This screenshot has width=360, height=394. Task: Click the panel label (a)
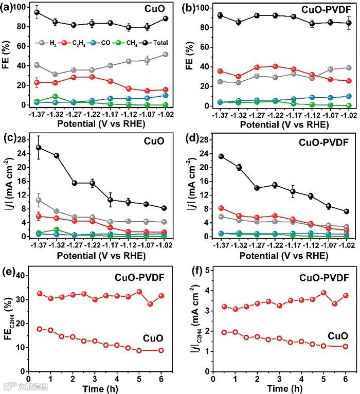(x=7, y=7)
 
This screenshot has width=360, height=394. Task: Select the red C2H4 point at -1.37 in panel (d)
(x=221, y=208)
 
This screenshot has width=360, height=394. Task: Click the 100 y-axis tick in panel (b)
(x=204, y=8)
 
